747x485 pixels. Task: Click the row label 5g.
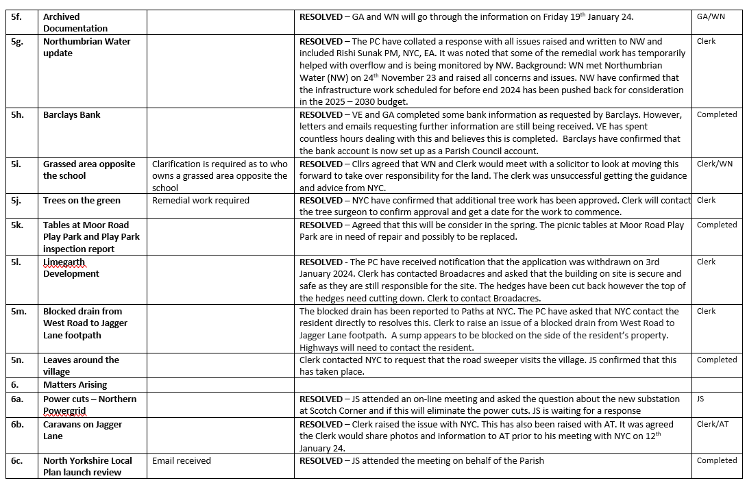(x=17, y=41)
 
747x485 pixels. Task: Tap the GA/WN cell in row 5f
(x=710, y=16)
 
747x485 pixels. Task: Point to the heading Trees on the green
(x=82, y=201)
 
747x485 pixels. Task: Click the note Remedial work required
(x=201, y=201)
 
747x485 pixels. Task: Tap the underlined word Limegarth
(x=64, y=262)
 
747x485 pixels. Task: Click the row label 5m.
(x=19, y=311)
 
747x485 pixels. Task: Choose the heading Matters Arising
(x=75, y=385)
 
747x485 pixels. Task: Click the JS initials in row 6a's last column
(x=701, y=399)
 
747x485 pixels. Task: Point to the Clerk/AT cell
(x=713, y=424)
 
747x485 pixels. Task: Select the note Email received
(x=182, y=461)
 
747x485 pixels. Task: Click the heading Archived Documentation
(x=75, y=23)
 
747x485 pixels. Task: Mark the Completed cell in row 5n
(x=716, y=360)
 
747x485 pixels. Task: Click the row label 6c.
(x=17, y=461)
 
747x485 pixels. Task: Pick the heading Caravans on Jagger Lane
(x=82, y=430)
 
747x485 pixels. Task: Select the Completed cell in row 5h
(x=716, y=114)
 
